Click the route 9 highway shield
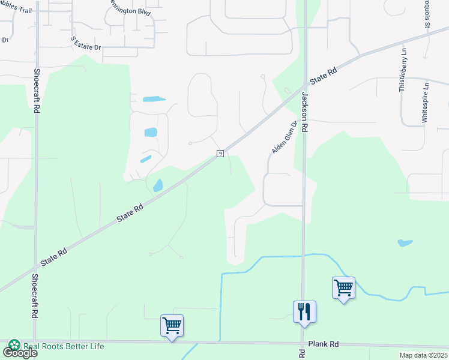pos(221,154)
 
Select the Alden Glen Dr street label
pos(285,138)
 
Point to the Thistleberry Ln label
pos(402,70)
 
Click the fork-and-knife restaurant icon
pos(305,312)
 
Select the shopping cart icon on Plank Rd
pos(172,326)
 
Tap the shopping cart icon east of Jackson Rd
pos(343,288)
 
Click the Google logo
pos(20,353)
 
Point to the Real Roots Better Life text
pos(64,346)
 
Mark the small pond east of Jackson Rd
pos(406,243)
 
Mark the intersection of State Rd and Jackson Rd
pos(305,85)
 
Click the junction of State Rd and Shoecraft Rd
pos(35,266)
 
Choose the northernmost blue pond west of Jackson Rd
pos(155,99)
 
